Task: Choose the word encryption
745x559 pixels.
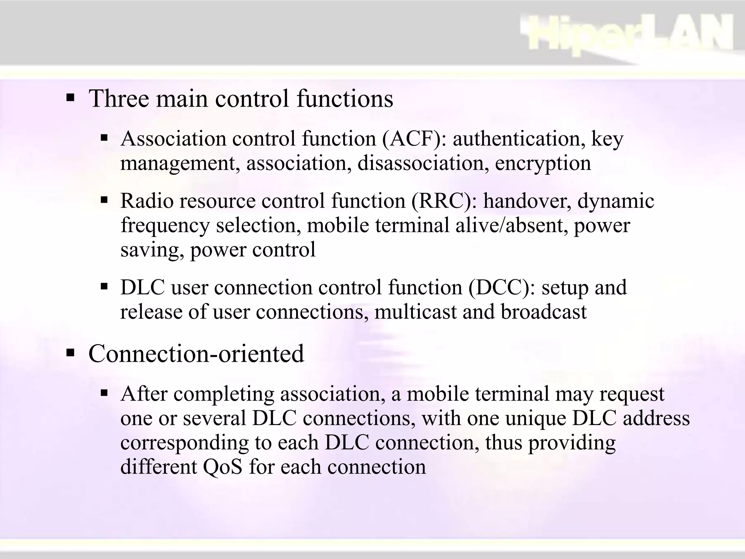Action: tap(543, 163)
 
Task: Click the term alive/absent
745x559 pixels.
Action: tap(511, 225)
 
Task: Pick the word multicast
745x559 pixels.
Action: tap(415, 312)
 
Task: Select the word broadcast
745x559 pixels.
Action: tap(543, 312)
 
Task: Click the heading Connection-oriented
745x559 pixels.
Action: tap(196, 353)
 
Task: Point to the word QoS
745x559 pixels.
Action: tap(223, 467)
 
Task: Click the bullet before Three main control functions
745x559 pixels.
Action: tap(70, 98)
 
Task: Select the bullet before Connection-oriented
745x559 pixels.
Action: tap(70, 353)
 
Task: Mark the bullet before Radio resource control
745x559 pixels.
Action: tap(105, 200)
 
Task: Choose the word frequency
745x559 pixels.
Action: tap(165, 226)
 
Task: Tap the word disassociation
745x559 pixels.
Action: tap(423, 163)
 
